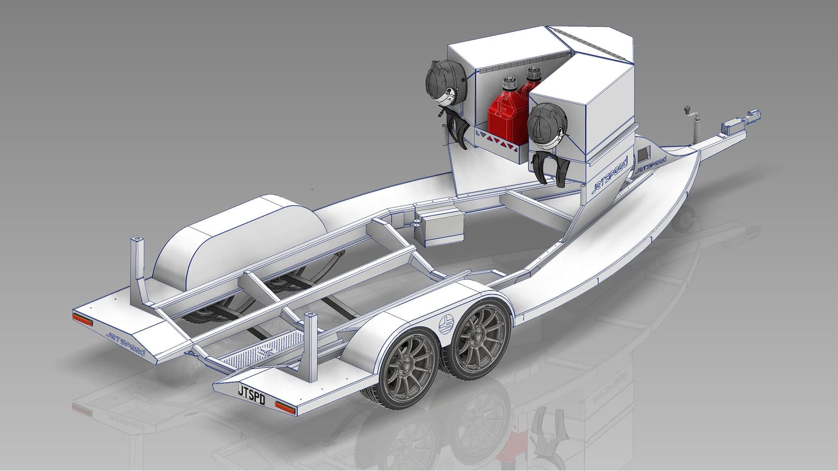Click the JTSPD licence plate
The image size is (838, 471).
[x=251, y=394]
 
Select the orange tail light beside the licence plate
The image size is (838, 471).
[x=285, y=408]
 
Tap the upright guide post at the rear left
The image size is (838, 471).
[x=137, y=266]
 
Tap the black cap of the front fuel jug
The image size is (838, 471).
[x=508, y=83]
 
